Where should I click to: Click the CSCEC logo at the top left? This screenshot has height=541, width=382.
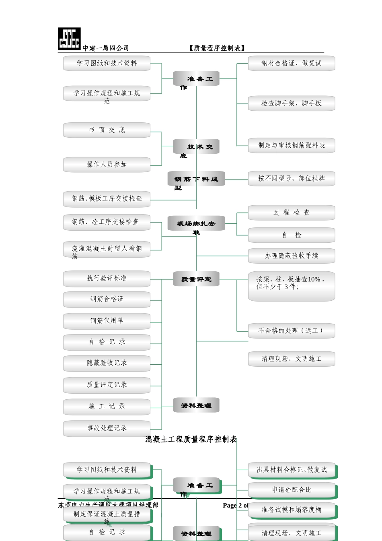69,39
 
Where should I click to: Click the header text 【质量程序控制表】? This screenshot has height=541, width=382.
217,48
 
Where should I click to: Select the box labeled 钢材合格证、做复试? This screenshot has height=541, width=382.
292,63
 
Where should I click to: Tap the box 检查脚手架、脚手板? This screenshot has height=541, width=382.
292,103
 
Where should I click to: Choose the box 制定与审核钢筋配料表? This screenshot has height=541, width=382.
292,145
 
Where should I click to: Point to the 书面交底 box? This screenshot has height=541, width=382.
107,130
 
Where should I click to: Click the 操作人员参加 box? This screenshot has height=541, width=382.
107,165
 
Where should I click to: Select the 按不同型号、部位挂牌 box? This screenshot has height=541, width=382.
292,178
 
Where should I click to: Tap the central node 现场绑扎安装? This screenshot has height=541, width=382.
196,224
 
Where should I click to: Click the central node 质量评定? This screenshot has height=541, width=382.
196,279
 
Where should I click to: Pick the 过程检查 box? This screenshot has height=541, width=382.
292,213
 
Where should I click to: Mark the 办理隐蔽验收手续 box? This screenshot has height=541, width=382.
292,256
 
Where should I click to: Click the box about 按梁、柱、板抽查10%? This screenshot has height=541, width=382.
292,286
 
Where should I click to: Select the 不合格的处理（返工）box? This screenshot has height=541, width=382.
292,330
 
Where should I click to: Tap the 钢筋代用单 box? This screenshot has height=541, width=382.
107,321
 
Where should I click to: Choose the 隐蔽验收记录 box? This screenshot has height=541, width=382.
107,363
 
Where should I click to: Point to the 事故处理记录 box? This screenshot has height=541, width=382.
107,428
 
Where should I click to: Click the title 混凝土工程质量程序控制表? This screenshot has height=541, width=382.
191,439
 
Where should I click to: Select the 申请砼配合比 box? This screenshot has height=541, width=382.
292,490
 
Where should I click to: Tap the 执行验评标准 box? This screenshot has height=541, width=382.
107,279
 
